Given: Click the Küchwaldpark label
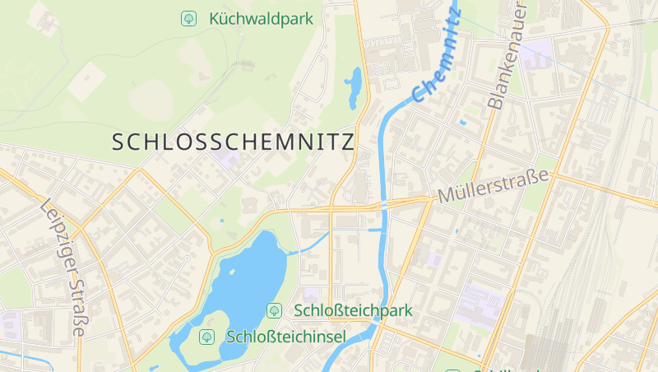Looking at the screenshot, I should coord(261,17).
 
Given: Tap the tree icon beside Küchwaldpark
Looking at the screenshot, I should coord(188,17).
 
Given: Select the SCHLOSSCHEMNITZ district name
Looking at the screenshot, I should coord(233,142).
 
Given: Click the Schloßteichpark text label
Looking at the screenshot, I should coord(353,311).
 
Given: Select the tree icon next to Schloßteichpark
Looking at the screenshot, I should coord(274,310).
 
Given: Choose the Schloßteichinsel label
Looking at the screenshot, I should coord(286,337).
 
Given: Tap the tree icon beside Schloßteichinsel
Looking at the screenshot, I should coord(206,337).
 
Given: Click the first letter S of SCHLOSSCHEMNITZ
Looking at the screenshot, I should coord(118,142).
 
